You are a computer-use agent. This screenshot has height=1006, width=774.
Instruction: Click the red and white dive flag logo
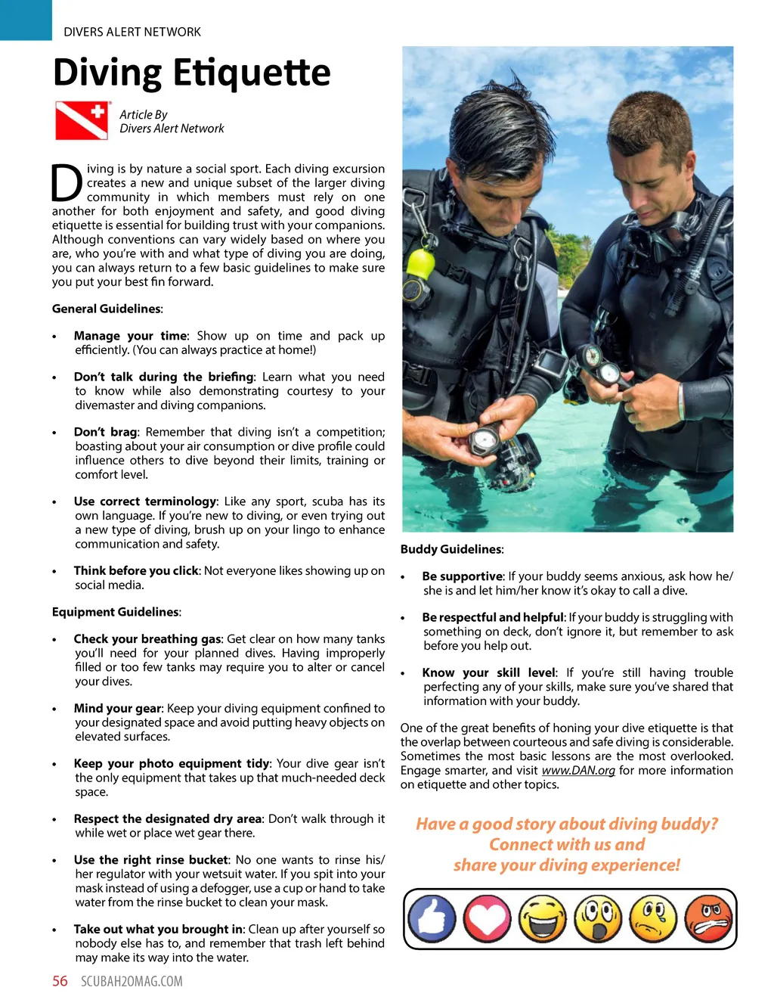[82, 120]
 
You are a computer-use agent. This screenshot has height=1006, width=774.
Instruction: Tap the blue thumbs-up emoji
[432, 919]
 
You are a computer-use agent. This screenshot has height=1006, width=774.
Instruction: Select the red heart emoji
[487, 919]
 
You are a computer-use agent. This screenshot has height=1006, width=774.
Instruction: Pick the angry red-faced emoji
[708, 919]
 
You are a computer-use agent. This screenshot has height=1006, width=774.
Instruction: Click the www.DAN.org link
[578, 770]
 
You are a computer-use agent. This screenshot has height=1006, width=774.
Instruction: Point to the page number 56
[60, 981]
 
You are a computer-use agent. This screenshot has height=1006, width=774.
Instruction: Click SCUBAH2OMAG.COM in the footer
[132, 981]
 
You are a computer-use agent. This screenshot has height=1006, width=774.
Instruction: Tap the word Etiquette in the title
[252, 73]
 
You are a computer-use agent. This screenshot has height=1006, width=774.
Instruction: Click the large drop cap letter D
[67, 183]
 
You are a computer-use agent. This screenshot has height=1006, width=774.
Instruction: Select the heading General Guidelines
[107, 309]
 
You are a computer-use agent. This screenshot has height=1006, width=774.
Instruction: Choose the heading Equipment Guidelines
[116, 612]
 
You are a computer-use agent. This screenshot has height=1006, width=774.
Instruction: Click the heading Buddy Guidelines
[451, 549]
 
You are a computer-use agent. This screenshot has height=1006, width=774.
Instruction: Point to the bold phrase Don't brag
[105, 432]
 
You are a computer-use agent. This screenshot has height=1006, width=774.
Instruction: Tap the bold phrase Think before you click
[136, 570]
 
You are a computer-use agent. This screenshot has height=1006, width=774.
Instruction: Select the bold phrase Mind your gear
[117, 708]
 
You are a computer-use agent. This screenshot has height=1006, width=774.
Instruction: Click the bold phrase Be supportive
[462, 576]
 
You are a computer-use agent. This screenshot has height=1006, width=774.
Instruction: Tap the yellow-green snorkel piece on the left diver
[420, 264]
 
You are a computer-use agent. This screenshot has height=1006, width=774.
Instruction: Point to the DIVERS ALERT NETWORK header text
[132, 32]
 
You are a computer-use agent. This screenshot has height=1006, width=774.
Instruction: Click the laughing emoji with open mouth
[542, 919]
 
